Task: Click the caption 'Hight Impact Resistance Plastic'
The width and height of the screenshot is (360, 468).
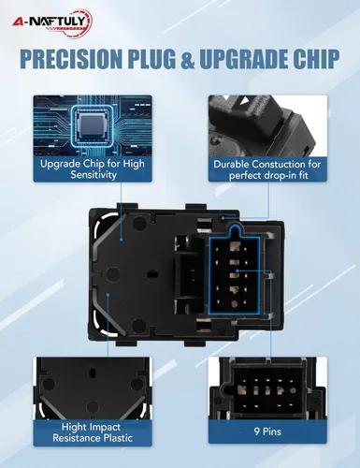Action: click(x=93, y=431)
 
